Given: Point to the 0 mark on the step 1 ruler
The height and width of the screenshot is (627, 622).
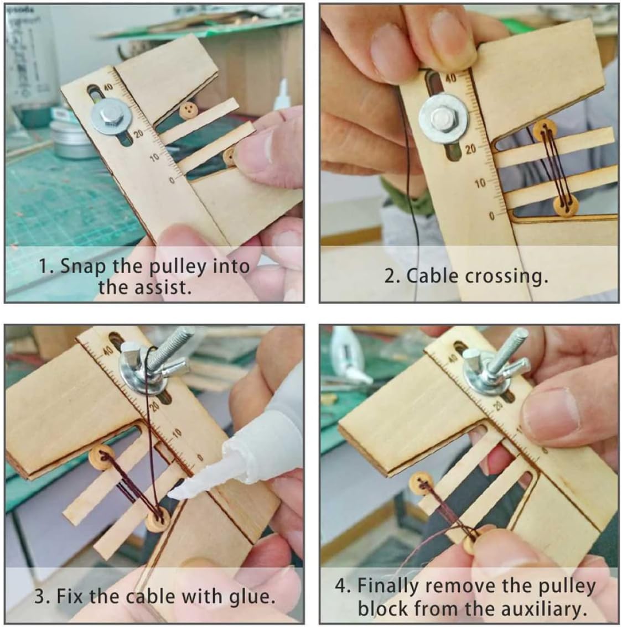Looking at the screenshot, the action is (x=172, y=180).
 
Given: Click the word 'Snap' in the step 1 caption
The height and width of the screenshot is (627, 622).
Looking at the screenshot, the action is (x=83, y=266).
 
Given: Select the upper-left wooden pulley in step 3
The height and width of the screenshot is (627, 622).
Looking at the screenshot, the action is (x=99, y=458).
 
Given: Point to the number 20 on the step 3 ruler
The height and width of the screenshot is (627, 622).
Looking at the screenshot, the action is (x=155, y=407).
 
